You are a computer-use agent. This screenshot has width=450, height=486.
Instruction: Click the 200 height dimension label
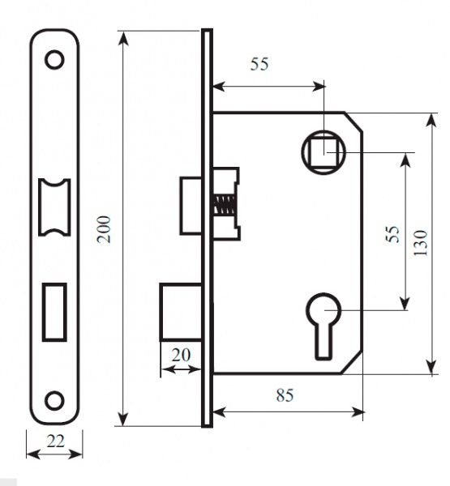[104, 229]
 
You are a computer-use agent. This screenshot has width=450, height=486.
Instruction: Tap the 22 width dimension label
[56, 441]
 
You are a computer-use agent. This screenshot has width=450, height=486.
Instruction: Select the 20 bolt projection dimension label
[181, 356]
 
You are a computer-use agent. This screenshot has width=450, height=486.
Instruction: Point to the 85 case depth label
[285, 395]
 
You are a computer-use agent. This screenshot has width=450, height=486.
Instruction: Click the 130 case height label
[421, 243]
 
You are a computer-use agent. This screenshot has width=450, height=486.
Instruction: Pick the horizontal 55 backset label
[259, 64]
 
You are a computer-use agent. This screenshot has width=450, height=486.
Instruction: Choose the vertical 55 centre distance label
[392, 234]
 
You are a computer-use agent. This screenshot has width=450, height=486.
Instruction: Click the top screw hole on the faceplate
[54, 59]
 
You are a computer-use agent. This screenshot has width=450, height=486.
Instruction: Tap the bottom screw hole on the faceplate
[54, 400]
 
